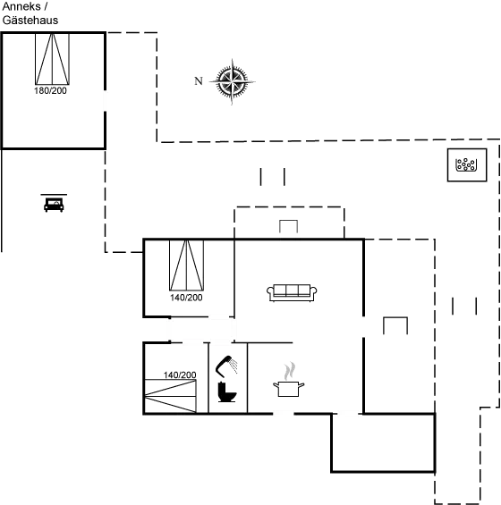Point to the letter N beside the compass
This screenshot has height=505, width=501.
(198, 82)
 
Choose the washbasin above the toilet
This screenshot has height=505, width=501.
(228, 365)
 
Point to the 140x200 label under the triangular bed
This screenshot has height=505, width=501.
(187, 297)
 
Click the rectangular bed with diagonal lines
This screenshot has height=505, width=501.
(170, 394)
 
